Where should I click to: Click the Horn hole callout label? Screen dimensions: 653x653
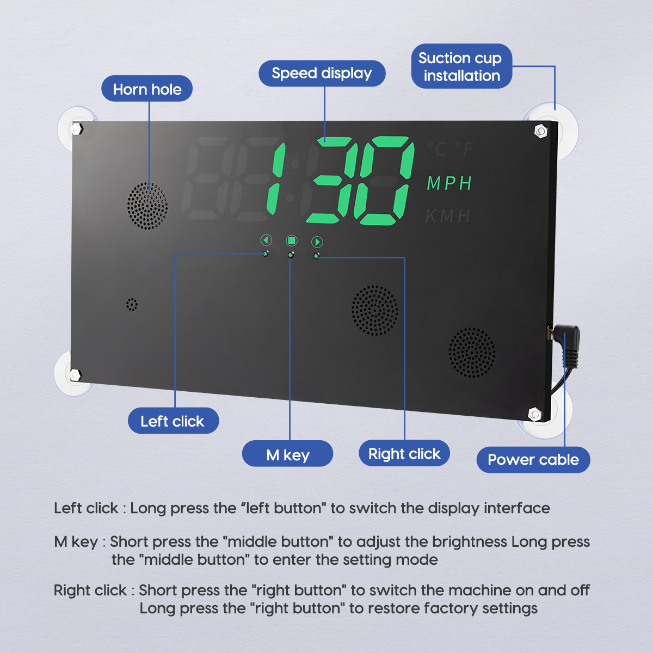[147, 89]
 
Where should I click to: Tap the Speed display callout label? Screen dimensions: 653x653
[322, 73]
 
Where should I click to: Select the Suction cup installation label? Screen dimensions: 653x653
[461, 66]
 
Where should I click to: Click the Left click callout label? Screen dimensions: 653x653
[173, 421]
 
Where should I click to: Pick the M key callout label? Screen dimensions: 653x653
[287, 454]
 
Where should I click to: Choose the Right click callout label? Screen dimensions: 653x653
[404, 454]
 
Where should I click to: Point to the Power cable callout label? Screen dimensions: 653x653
[533, 460]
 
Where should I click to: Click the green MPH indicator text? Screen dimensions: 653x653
[449, 184]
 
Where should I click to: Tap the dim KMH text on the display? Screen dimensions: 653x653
[448, 217]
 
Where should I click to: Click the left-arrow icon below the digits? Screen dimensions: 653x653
[266, 240]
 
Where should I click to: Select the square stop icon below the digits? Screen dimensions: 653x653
[292, 241]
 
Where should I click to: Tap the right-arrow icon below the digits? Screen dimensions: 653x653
[317, 242]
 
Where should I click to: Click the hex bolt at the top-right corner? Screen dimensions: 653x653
[541, 131]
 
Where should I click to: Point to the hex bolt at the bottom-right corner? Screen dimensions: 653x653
[535, 415]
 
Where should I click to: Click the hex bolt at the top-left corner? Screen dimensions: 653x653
[77, 129]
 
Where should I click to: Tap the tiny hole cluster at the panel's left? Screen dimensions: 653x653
[132, 304]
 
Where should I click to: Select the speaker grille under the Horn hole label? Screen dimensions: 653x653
[147, 206]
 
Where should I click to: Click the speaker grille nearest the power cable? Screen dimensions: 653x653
[472, 353]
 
